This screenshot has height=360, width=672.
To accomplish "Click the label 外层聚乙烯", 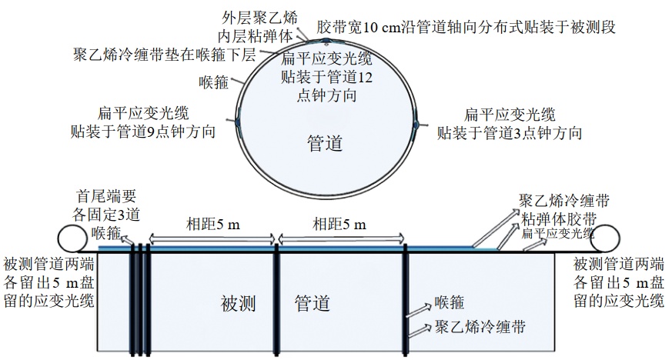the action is tap(259, 18).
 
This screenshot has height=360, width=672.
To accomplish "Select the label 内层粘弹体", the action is tap(255, 36).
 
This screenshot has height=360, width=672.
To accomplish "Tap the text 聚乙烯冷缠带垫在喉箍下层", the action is tap(165, 55).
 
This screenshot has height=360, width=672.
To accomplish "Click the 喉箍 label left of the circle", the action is tap(213, 82).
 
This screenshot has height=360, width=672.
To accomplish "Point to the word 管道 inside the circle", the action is tap(325, 143).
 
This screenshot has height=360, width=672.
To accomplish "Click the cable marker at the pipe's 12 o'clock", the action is tap(326, 42).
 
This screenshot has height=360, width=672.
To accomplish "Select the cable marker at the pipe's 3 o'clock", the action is tap(416, 124).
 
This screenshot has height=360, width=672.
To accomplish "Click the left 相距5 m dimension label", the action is tap(213, 224).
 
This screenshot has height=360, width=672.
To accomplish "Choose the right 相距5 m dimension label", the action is tap(339, 224).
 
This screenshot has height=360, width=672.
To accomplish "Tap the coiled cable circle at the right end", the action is tap(604, 238).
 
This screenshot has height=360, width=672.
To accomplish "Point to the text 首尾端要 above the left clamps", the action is tap(106, 196).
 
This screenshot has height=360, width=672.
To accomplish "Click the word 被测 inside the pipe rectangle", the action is tap(239, 304).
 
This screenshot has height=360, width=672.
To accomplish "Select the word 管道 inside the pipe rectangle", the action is tap(312, 304).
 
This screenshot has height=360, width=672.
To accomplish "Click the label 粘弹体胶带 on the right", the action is tap(559, 219).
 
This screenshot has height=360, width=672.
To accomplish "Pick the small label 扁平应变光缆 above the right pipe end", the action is tap(558, 233).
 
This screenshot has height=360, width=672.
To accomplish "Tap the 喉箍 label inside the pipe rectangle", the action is tap(450, 302).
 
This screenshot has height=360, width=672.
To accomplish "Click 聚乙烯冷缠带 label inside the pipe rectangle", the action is tap(480, 327).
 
